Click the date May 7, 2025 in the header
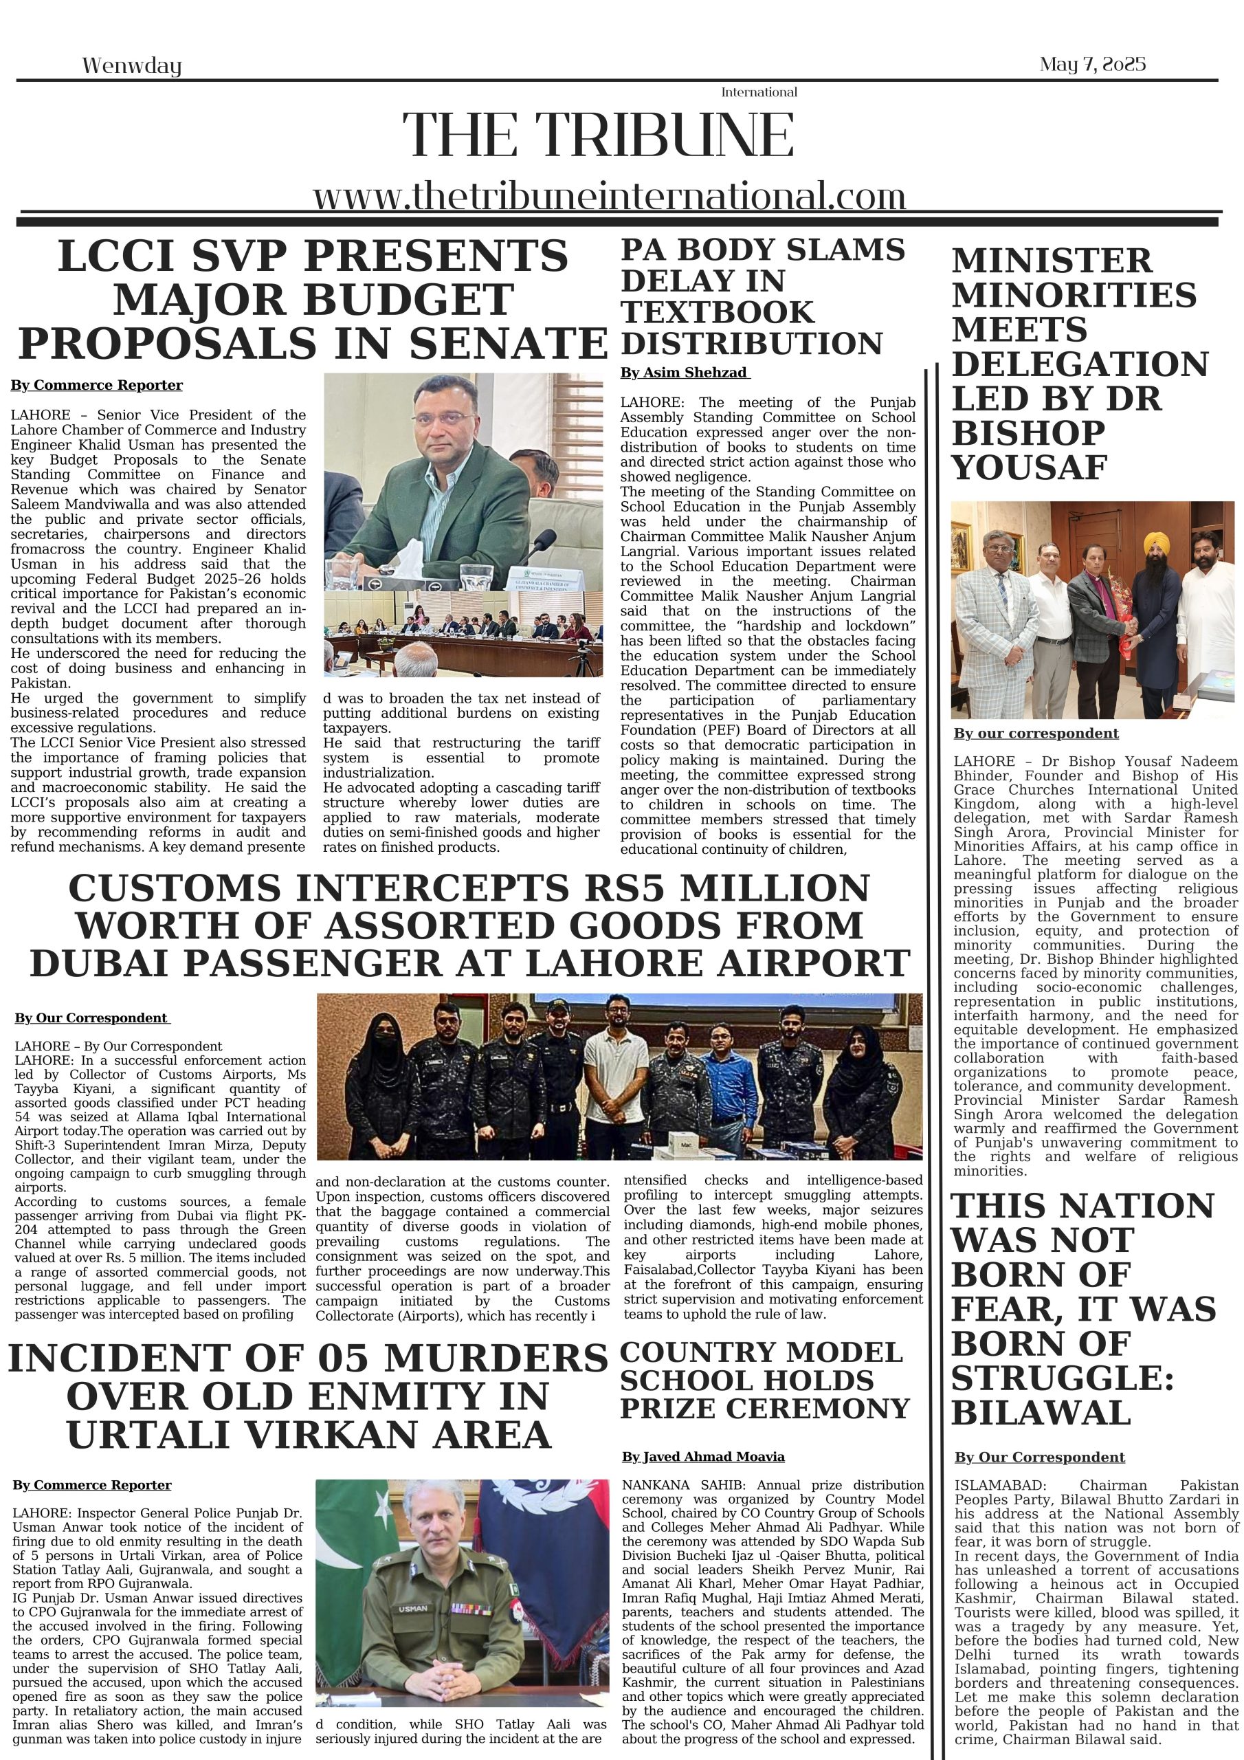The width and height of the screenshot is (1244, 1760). tap(1091, 65)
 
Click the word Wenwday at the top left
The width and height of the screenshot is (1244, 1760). tap(131, 66)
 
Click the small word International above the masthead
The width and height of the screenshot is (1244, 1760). tap(758, 92)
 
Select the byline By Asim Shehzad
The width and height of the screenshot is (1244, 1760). tap(684, 373)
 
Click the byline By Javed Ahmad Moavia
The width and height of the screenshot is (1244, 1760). tap(703, 1456)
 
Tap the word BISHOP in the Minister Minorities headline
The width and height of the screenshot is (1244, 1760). tap(1028, 433)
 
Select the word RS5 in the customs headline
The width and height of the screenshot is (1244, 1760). tap(621, 888)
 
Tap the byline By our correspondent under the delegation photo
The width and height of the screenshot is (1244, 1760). tap(1036, 734)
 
